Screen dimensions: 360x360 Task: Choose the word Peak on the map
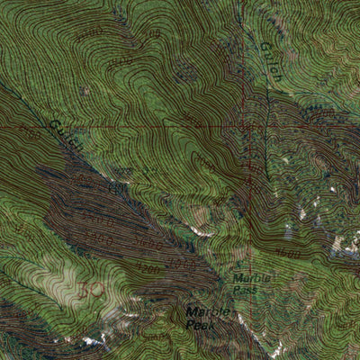tap(201, 325)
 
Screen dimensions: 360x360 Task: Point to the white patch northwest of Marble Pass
tap(199, 232)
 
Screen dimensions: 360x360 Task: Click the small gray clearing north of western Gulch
tap(85, 90)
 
